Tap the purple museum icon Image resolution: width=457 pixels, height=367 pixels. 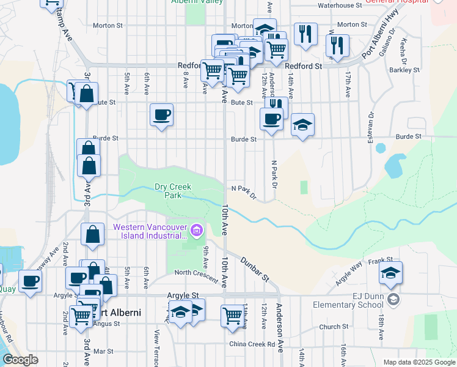point(196,231)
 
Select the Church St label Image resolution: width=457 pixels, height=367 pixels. point(333,327)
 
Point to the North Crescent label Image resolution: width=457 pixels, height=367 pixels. point(196,273)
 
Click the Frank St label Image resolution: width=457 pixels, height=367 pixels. point(379,261)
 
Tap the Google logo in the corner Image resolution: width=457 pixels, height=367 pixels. point(20,360)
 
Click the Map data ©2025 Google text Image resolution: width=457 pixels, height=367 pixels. point(419,362)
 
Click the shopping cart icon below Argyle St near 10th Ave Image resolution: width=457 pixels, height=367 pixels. point(233,316)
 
